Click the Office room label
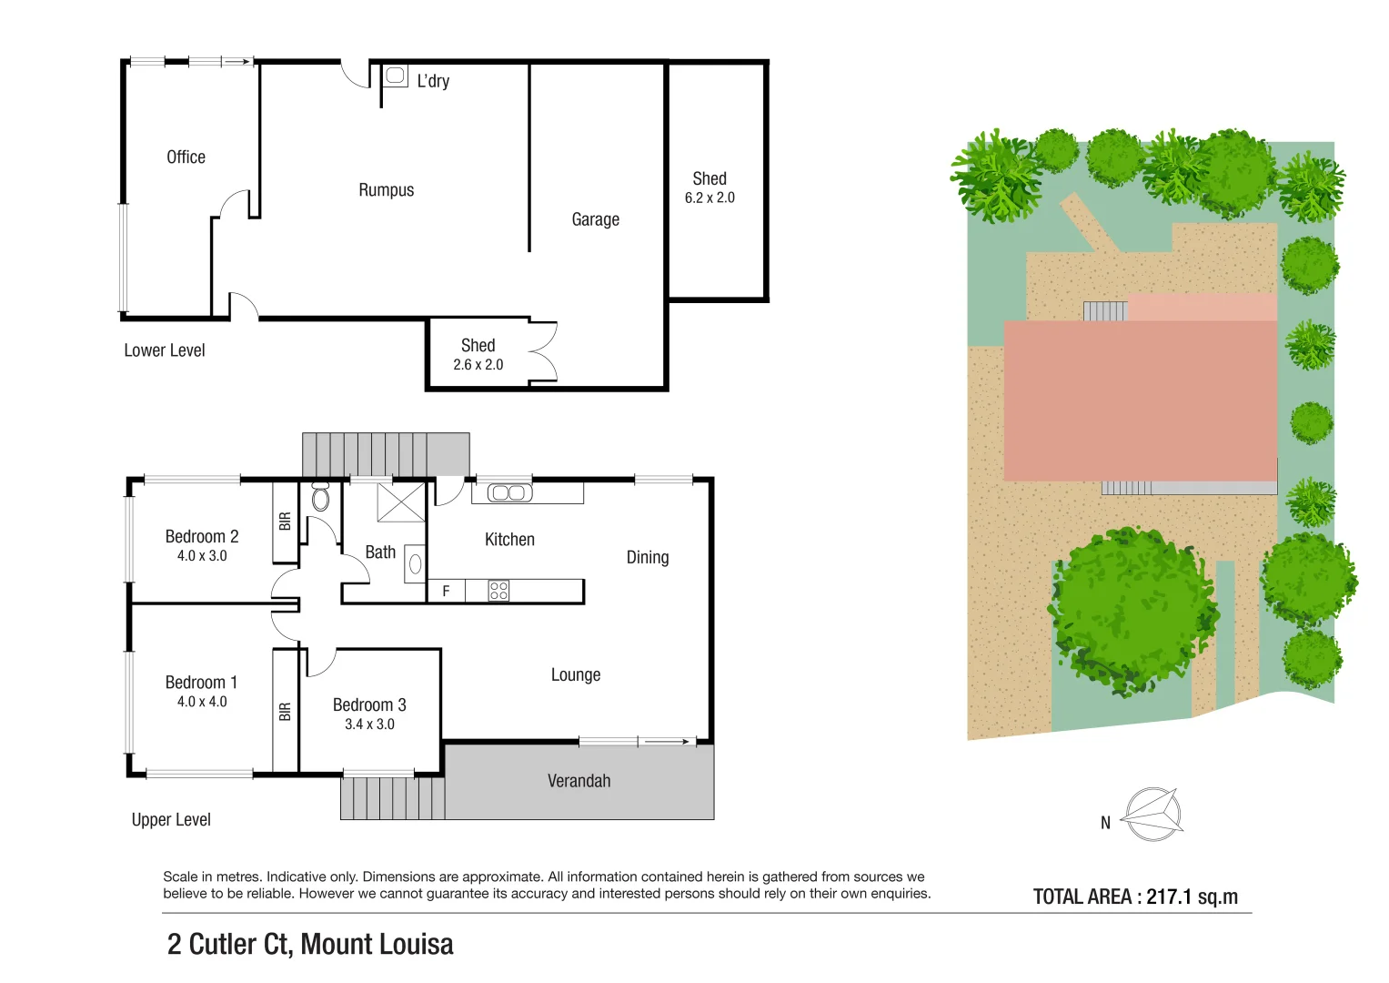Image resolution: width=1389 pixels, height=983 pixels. pyautogui.click(x=186, y=157)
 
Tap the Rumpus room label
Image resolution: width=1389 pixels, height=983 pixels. pyautogui.click(x=386, y=190)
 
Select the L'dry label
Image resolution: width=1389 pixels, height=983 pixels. pyautogui.click(x=433, y=81)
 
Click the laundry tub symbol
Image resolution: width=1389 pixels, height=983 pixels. pyautogui.click(x=396, y=76)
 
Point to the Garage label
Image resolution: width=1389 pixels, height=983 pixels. pyautogui.click(x=595, y=219)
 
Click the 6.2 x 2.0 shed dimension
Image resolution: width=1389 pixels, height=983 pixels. pyautogui.click(x=710, y=198)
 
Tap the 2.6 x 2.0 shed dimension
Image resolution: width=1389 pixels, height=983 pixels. pyautogui.click(x=478, y=365)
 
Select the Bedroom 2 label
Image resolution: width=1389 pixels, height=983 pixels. pyautogui.click(x=201, y=536)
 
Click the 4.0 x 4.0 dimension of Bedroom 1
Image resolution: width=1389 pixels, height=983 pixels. pyautogui.click(x=202, y=702)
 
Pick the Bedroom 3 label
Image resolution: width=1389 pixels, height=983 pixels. pyautogui.click(x=369, y=704)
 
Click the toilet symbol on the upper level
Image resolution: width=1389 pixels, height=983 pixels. pyautogui.click(x=320, y=496)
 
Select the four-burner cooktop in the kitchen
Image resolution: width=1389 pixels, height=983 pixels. pyautogui.click(x=498, y=591)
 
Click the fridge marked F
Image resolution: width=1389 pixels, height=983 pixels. pyautogui.click(x=446, y=592)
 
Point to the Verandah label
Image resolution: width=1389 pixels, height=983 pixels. pyautogui.click(x=579, y=781)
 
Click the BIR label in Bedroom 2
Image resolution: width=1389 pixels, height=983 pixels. pyautogui.click(x=285, y=522)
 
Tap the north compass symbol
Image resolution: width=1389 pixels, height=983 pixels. pyautogui.click(x=1152, y=814)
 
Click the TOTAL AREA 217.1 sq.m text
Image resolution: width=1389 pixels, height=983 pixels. pyautogui.click(x=1135, y=897)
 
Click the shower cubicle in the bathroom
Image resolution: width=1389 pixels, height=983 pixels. pyautogui.click(x=401, y=502)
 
